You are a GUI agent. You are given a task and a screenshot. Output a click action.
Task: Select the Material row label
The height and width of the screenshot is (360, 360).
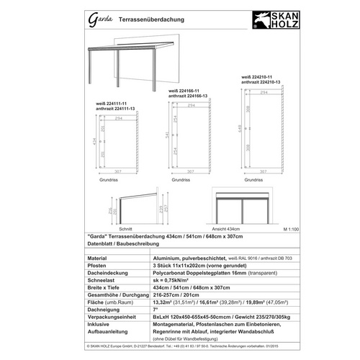[x=97, y=256]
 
